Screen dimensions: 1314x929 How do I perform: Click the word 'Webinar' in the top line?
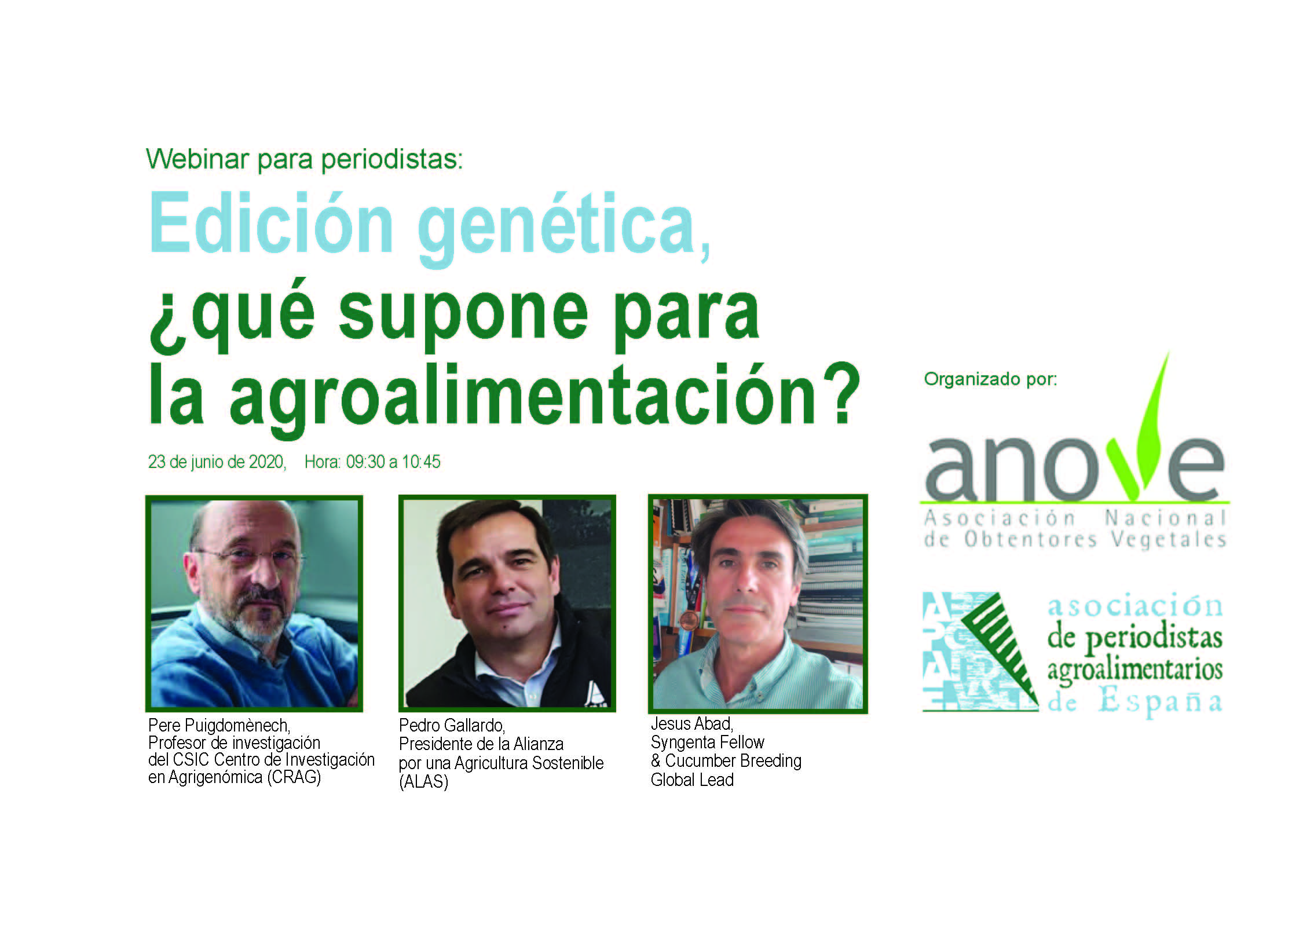(x=197, y=159)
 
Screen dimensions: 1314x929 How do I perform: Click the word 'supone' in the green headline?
(x=463, y=316)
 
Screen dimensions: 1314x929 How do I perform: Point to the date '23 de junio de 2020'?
(x=217, y=462)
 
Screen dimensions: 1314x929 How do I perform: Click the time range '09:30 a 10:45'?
(x=393, y=462)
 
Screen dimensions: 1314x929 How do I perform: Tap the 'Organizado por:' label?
(x=990, y=379)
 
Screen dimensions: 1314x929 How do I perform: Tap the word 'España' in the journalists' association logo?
(x=1161, y=703)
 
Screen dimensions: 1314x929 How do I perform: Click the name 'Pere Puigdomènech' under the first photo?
(x=218, y=725)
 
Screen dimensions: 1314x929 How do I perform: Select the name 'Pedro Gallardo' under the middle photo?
(x=452, y=725)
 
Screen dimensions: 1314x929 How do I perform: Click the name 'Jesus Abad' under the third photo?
(x=692, y=723)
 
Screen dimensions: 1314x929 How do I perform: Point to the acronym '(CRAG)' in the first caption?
(x=294, y=777)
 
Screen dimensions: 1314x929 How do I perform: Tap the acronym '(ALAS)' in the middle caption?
(x=424, y=782)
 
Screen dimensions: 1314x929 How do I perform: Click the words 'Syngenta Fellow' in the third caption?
(x=708, y=742)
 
